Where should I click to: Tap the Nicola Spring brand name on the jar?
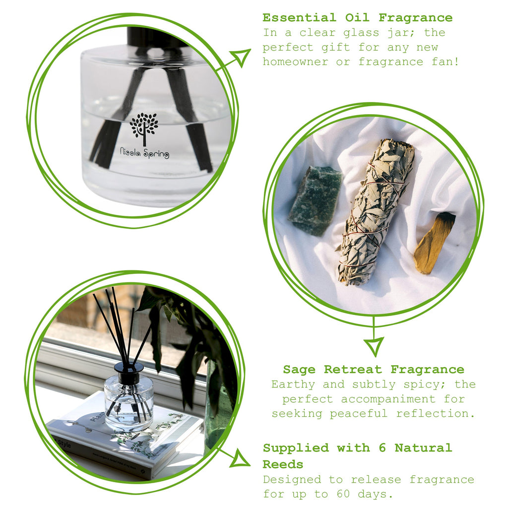click(x=144, y=153)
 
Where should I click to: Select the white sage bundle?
click(x=376, y=212)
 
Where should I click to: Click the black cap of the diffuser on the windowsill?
click(x=128, y=372)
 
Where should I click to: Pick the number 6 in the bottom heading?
click(x=382, y=448)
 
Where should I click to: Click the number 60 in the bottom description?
click(x=343, y=494)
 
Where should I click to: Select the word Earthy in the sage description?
click(x=293, y=385)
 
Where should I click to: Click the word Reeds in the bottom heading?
click(x=283, y=464)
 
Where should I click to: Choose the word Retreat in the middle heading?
click(x=353, y=370)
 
